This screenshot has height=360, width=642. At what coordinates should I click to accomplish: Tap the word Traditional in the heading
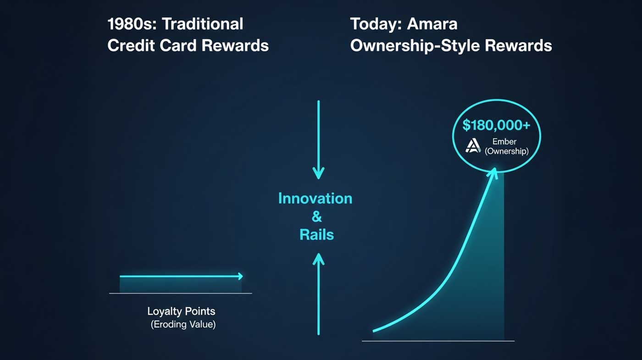pos(203,24)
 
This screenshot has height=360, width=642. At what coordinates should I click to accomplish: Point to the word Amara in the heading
pos(432,24)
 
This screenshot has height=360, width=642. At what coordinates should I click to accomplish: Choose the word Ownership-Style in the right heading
pos(415,46)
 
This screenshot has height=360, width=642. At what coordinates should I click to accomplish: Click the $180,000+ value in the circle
pos(496,125)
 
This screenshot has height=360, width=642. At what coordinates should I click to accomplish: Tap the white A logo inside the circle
pos(473,146)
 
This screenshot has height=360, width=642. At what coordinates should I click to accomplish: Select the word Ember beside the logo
pos(504,142)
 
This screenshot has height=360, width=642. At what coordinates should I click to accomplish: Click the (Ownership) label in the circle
pos(506,151)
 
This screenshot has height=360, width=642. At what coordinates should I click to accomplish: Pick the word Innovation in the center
pos(315,198)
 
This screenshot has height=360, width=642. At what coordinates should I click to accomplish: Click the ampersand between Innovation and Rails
pos(317,216)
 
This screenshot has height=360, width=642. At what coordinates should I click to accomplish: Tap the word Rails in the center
pos(317,235)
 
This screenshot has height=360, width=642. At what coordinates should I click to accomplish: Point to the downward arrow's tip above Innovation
pos(318,179)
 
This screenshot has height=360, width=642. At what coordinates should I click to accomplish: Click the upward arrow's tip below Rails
pos(318,254)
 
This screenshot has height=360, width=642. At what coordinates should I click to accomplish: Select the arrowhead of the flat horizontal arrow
pos(243,276)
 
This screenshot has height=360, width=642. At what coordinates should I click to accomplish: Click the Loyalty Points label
pos(181,311)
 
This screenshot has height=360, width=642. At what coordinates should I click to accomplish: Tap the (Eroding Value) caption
pos(183,325)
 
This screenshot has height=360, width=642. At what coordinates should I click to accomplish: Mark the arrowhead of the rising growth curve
pos(495,169)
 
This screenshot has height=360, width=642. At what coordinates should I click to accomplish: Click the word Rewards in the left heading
pos(235,45)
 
